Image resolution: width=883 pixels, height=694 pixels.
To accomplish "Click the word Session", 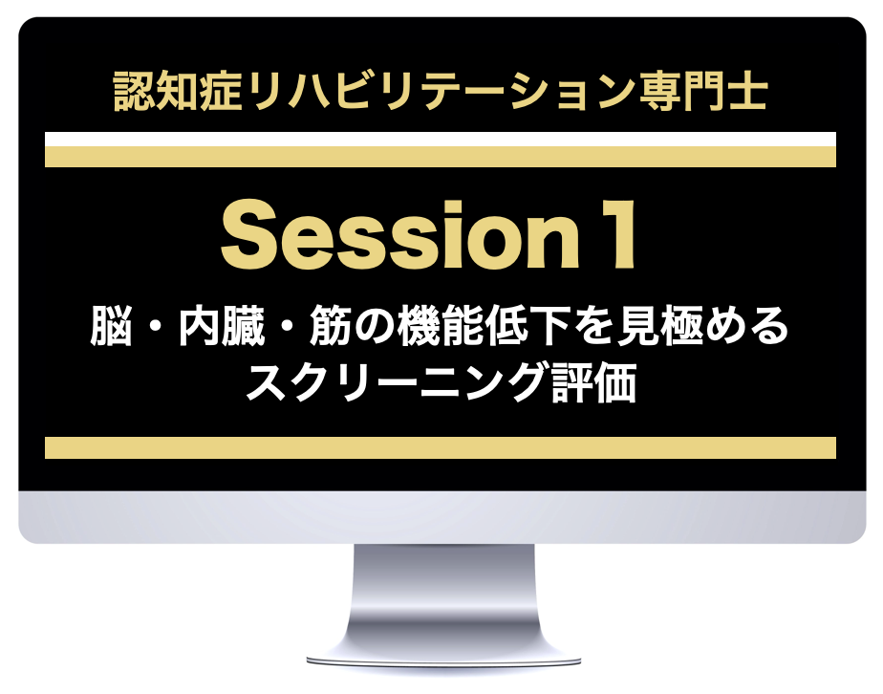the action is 399,234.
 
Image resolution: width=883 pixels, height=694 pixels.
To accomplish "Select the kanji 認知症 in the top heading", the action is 178,90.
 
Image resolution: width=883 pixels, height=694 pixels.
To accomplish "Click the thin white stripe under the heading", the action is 441,140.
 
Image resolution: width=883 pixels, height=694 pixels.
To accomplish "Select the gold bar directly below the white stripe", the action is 441,157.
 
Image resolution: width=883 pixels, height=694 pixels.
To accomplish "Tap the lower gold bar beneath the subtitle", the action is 441,447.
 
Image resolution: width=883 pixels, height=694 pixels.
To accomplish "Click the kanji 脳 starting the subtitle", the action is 112,326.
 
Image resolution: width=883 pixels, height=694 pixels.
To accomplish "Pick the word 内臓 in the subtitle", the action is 222,326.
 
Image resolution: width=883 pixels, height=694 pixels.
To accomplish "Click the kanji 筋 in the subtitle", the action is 331,326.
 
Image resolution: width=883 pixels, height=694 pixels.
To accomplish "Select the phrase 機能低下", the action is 485,326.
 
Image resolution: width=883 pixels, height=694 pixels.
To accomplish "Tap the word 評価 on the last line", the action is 594,382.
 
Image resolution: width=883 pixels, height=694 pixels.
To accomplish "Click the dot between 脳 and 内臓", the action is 156,327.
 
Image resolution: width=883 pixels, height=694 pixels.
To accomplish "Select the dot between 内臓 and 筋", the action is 288,327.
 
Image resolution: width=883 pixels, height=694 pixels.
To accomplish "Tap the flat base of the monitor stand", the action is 443,661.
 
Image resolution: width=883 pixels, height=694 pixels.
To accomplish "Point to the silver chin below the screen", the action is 442,517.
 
